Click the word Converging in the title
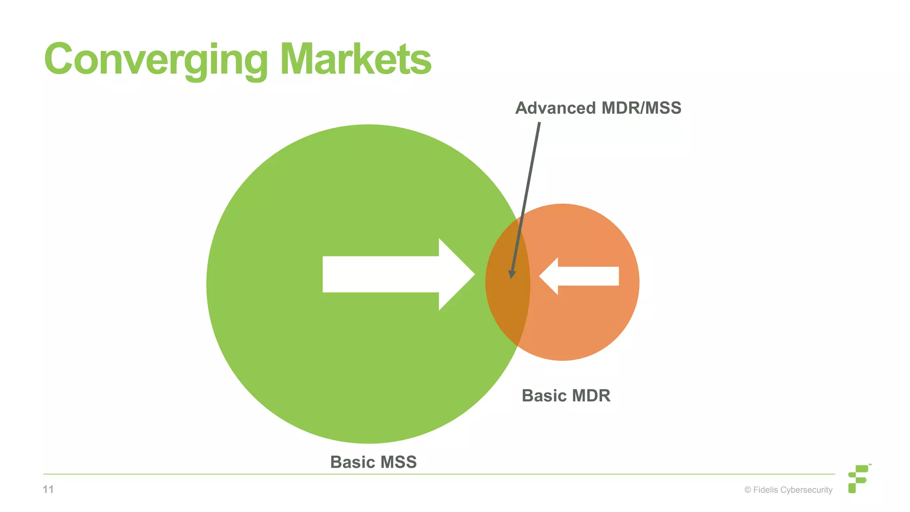tap(156, 60)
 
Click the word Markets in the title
tap(355, 60)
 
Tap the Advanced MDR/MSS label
tap(598, 108)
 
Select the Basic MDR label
tap(566, 396)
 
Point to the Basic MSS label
tap(373, 462)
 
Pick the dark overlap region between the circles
tap(508, 302)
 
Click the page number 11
tap(48, 489)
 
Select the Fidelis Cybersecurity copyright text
tap(788, 490)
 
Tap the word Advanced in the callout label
tap(555, 108)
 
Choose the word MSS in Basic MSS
tap(398, 462)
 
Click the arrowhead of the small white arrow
tap(549, 276)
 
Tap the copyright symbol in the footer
tap(748, 490)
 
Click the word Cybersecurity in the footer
tap(806, 490)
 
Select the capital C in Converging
tap(58, 60)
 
